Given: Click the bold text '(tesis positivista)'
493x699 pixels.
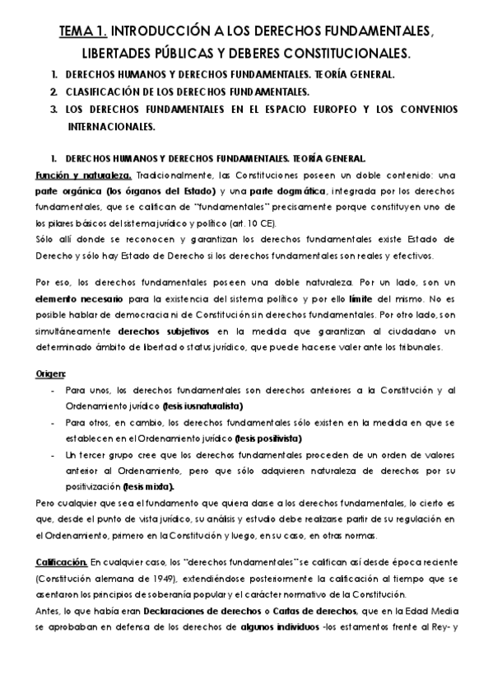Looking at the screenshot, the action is (269, 437).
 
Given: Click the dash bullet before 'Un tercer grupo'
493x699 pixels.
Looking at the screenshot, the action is (53, 455).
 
